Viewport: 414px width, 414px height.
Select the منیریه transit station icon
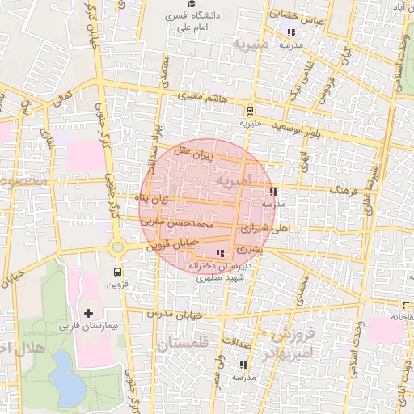(250, 111)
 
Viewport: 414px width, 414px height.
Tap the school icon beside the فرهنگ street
(274, 192)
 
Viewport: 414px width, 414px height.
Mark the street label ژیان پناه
(154, 198)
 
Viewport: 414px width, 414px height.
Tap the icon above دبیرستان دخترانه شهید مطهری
(221, 254)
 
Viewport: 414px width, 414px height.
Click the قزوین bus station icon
(118, 272)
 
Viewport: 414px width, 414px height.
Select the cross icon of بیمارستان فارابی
(88, 312)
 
